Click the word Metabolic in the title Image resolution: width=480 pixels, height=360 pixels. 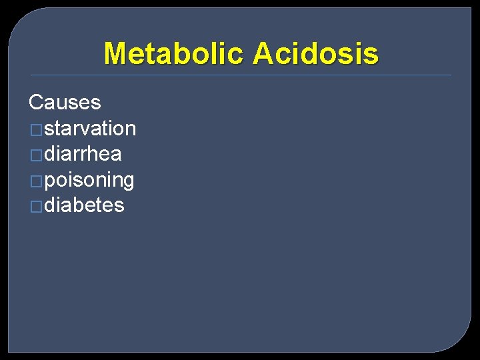175,53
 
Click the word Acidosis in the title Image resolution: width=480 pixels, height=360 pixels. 316,53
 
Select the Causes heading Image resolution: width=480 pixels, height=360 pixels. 65,103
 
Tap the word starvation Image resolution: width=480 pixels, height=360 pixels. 90,128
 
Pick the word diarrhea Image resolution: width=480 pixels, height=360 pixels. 83,154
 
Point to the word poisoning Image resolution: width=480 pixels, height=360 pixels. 89,180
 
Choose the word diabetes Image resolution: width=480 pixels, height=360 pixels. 84,205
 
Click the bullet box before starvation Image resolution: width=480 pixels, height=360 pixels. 36,129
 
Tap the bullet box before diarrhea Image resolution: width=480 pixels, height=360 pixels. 36,155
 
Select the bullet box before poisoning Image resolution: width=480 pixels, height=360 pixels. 36,181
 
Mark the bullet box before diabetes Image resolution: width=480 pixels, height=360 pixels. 36,207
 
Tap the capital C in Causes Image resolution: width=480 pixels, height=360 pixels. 36,103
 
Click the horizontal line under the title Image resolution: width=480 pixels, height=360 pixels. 240,75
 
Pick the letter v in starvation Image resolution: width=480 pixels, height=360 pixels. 91,129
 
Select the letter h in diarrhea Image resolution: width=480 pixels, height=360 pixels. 94,154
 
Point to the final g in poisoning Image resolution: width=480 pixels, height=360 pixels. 129,181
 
